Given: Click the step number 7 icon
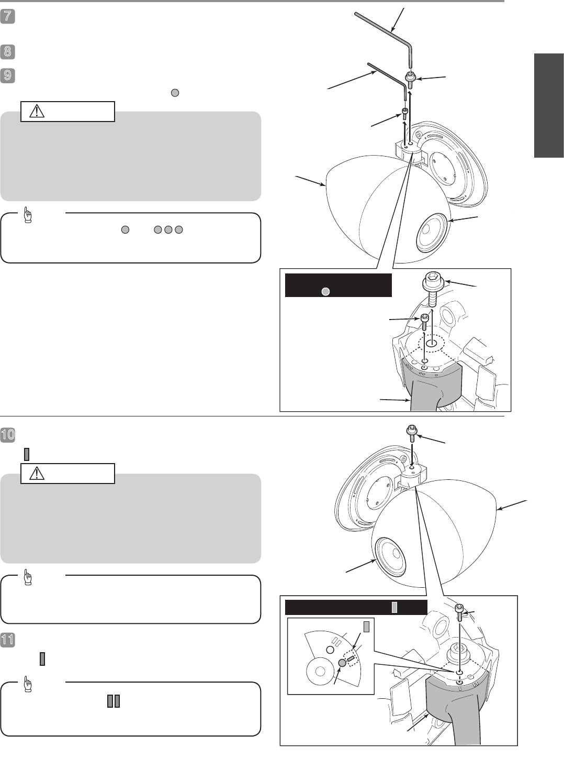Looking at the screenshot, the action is (7, 16).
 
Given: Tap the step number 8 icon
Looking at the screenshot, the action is (7, 51).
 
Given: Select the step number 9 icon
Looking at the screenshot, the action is (7, 75).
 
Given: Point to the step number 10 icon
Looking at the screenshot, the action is (7, 435).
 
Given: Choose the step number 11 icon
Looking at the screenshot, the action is (7, 640).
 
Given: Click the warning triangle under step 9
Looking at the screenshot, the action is (37, 111).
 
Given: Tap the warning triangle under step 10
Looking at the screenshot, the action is (37, 474).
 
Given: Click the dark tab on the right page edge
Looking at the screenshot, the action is (549, 105).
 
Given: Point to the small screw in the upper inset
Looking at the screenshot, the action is (424, 322).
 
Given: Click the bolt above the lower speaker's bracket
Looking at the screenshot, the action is (411, 434).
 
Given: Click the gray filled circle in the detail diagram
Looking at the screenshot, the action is (342, 663).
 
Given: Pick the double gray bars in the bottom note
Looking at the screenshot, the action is (114, 701).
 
